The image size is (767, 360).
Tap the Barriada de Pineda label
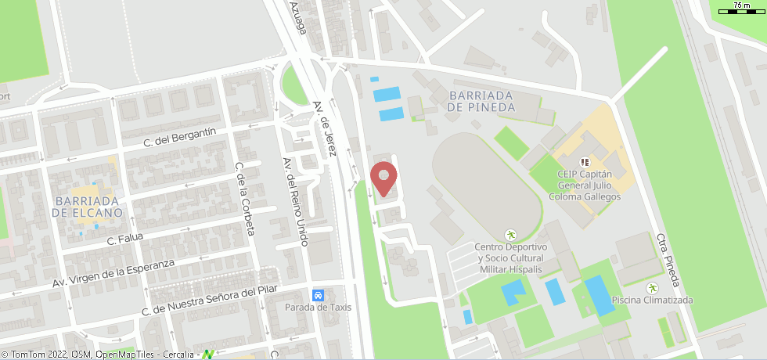[x=481, y=101]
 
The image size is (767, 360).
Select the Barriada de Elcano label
[x=87, y=207]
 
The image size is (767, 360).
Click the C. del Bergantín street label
[x=179, y=139]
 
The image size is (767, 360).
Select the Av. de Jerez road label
[x=323, y=128]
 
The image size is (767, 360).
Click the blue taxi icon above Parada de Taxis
[x=319, y=295]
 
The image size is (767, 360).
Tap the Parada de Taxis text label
[x=318, y=307]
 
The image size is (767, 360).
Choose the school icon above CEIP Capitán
[x=584, y=162]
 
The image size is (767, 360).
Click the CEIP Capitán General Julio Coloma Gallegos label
[x=589, y=185]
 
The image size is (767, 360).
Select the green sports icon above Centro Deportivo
[x=511, y=234]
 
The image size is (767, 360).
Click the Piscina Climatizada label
[x=652, y=300]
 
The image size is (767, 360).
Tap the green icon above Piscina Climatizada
[x=653, y=287]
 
